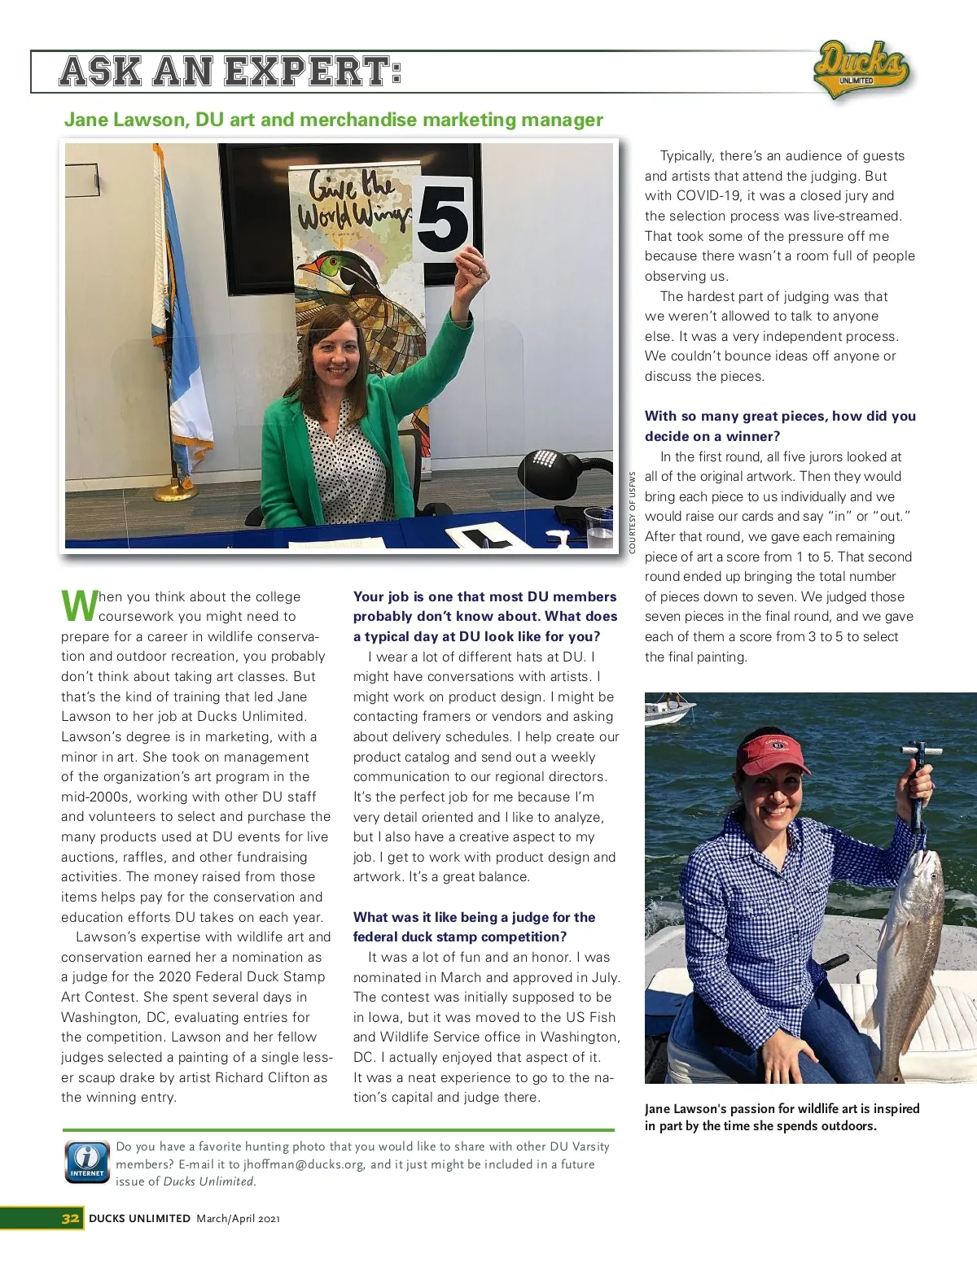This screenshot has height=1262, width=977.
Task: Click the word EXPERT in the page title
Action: pyautogui.click(x=312, y=72)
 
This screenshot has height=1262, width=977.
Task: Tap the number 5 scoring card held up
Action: pyautogui.click(x=442, y=218)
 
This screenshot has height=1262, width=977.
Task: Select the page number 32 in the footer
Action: pyautogui.click(x=71, y=1218)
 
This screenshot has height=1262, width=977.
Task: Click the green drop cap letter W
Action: pyautogui.click(x=78, y=605)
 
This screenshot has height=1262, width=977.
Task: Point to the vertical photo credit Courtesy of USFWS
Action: pyautogui.click(x=632, y=513)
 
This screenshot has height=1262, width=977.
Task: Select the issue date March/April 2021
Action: pyautogui.click(x=238, y=1218)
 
